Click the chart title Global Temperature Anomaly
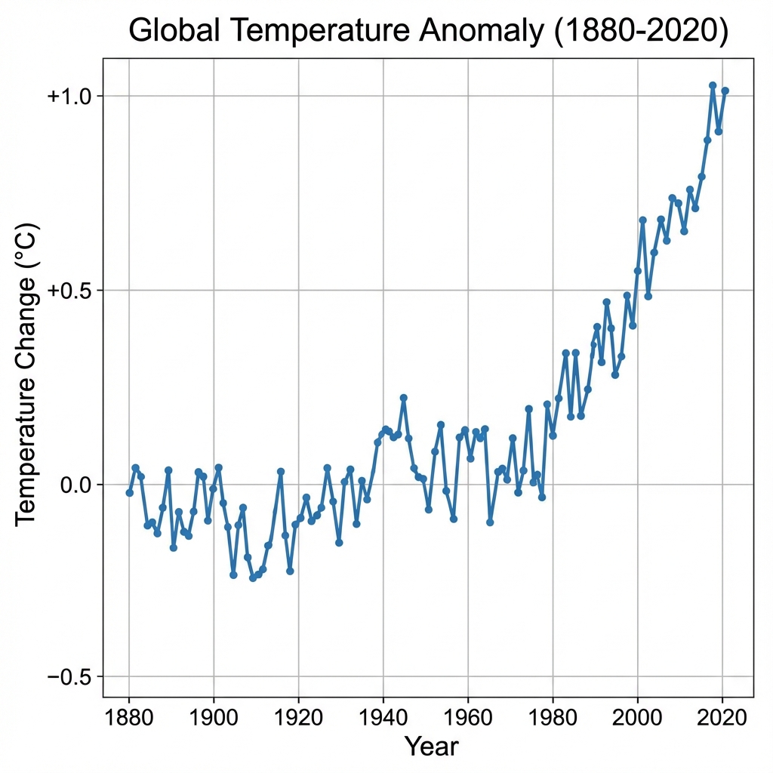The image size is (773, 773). point(428,32)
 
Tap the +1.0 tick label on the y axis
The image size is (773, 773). point(69,96)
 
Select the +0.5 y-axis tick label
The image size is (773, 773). point(69,291)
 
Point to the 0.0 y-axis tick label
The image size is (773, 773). point(75,485)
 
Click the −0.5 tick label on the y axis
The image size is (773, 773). point(69,676)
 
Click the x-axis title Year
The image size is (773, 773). point(431,747)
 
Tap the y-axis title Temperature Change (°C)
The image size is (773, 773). point(26,373)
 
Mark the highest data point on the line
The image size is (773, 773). point(713,85)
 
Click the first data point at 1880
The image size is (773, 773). point(130,493)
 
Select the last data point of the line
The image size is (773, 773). point(725,91)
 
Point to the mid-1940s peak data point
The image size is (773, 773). point(404,398)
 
